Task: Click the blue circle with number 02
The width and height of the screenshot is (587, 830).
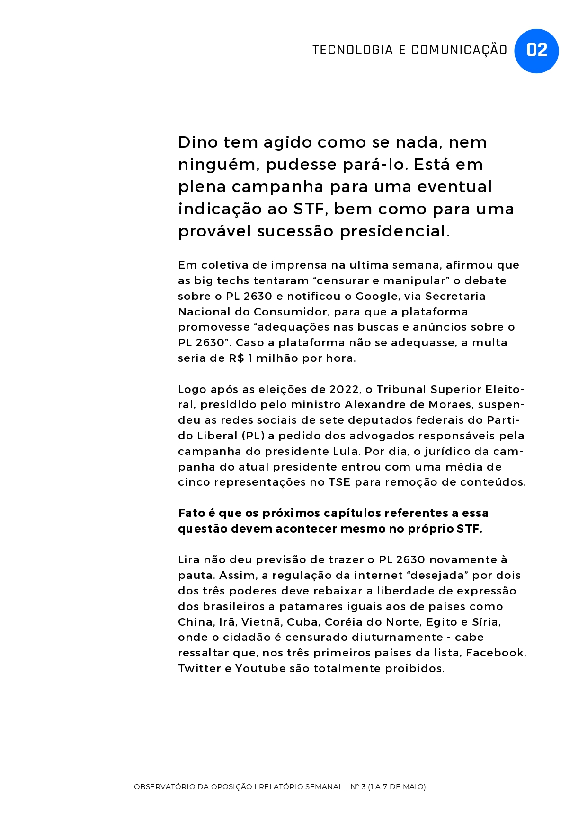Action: [536, 51]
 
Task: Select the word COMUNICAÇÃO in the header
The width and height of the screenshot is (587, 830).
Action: [459, 50]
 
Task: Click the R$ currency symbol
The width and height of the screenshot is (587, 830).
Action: [236, 358]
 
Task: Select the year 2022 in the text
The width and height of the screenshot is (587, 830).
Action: [343, 389]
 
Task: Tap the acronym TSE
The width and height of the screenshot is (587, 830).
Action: [339, 482]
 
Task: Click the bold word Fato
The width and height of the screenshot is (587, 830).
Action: [192, 513]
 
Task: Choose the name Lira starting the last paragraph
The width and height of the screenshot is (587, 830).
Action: [189, 559]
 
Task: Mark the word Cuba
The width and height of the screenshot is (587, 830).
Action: [302, 622]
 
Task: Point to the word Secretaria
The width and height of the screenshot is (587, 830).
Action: [455, 296]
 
